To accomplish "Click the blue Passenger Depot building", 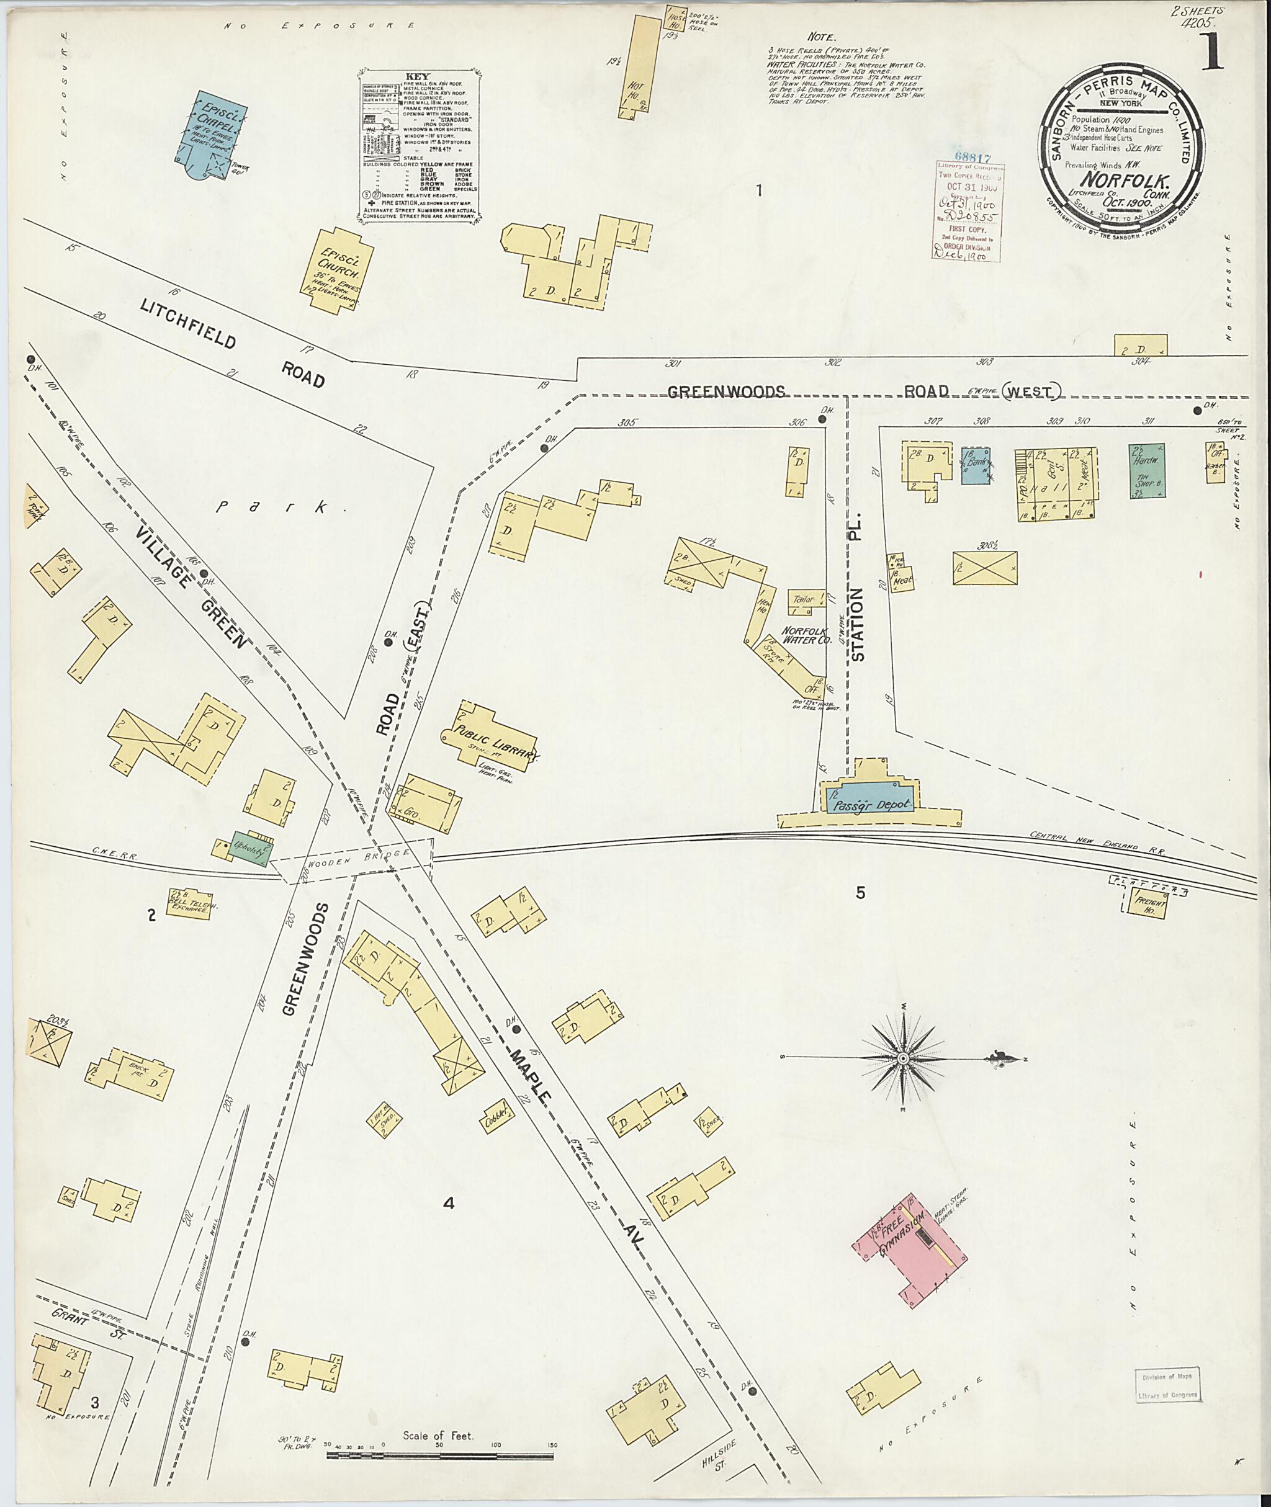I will [x=868, y=804].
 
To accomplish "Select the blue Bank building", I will [x=976, y=464].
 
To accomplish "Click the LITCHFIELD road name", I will [x=189, y=324].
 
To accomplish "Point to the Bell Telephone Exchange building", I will [x=188, y=902].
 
